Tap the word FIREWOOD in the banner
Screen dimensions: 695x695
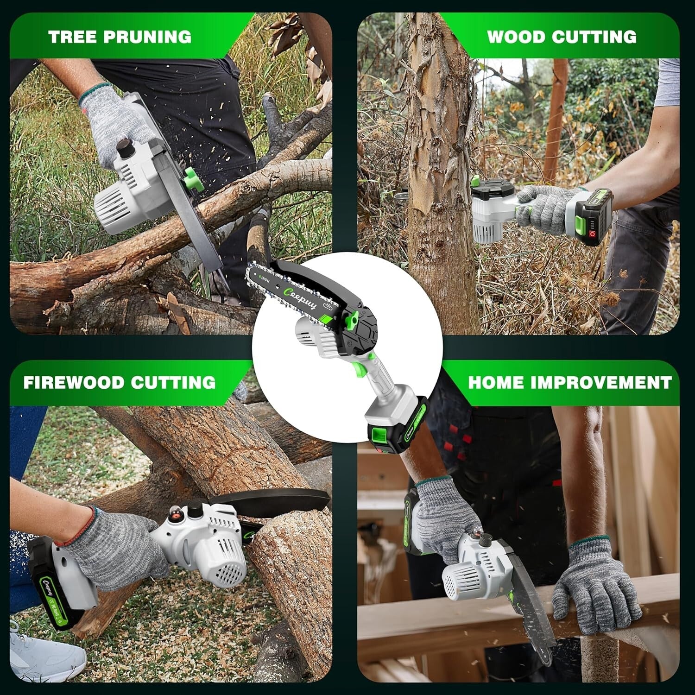click(x=73, y=382)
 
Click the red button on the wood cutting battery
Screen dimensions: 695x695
click(x=593, y=236)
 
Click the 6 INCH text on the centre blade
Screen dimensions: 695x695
click(x=265, y=279)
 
